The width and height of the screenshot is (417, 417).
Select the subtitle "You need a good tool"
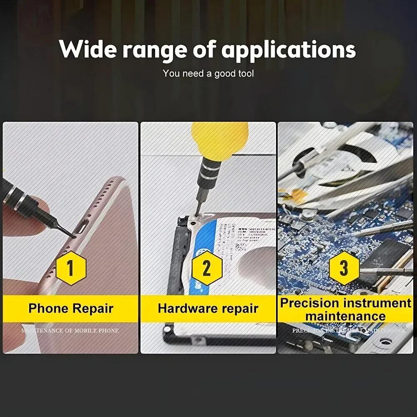(208, 74)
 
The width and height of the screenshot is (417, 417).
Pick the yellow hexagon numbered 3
(344, 268)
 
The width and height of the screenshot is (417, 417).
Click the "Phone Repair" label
(70, 309)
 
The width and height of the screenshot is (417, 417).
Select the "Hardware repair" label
(208, 309)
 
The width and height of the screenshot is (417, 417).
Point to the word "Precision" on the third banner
(309, 303)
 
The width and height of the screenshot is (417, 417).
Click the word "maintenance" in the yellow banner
(345, 316)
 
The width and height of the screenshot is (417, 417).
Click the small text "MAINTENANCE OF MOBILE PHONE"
(70, 330)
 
